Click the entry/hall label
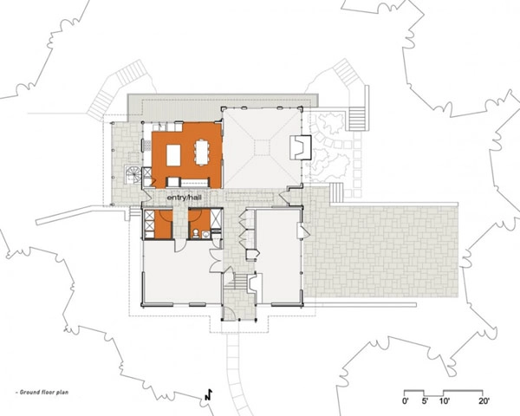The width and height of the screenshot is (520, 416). [x=184, y=198]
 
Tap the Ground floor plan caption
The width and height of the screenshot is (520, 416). [x=42, y=392]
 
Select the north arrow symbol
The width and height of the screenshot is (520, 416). [x=208, y=394]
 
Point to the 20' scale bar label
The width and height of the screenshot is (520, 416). [x=484, y=400]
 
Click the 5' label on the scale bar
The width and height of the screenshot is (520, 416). [x=426, y=400]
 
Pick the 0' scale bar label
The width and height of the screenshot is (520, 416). [x=406, y=400]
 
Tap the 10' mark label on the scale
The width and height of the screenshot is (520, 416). [x=444, y=400]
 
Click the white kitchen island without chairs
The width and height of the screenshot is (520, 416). [x=173, y=155]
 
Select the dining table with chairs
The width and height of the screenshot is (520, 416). [x=201, y=153]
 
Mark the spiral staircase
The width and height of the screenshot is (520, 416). [x=133, y=174]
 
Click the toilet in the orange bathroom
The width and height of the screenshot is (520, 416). [x=196, y=233]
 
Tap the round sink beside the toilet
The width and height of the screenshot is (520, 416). [x=205, y=235]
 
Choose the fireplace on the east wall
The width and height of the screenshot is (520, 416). [x=301, y=147]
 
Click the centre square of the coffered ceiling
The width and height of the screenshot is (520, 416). [x=263, y=147]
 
